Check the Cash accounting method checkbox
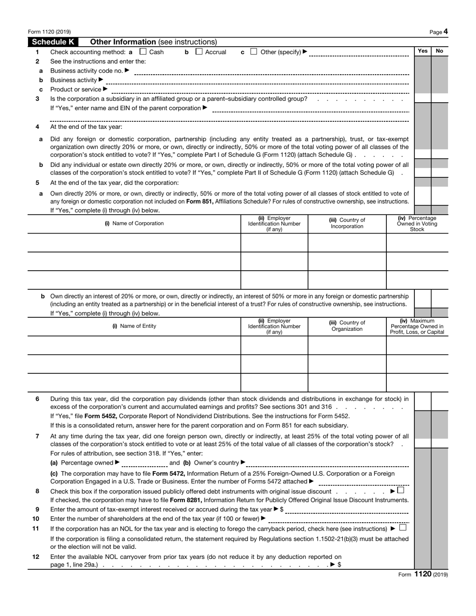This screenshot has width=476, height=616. (x=143, y=52)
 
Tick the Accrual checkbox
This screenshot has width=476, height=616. (x=199, y=52)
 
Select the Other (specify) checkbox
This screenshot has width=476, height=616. (x=254, y=52)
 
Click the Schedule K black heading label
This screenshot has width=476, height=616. (x=53, y=42)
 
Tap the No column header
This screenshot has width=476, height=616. (x=439, y=51)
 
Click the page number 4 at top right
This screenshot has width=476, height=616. (x=445, y=32)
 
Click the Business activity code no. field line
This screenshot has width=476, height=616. (x=271, y=71)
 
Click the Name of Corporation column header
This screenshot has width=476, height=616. (x=134, y=224)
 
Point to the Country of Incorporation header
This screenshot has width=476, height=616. (x=347, y=224)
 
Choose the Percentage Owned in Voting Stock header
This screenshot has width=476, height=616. (x=417, y=224)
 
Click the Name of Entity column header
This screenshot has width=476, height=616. (x=134, y=326)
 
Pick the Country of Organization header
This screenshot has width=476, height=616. (x=347, y=326)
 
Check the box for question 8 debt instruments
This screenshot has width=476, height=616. (x=400, y=491)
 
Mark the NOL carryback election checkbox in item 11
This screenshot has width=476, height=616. (x=403, y=528)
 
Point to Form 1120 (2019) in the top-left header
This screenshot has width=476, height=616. (x=49, y=32)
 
